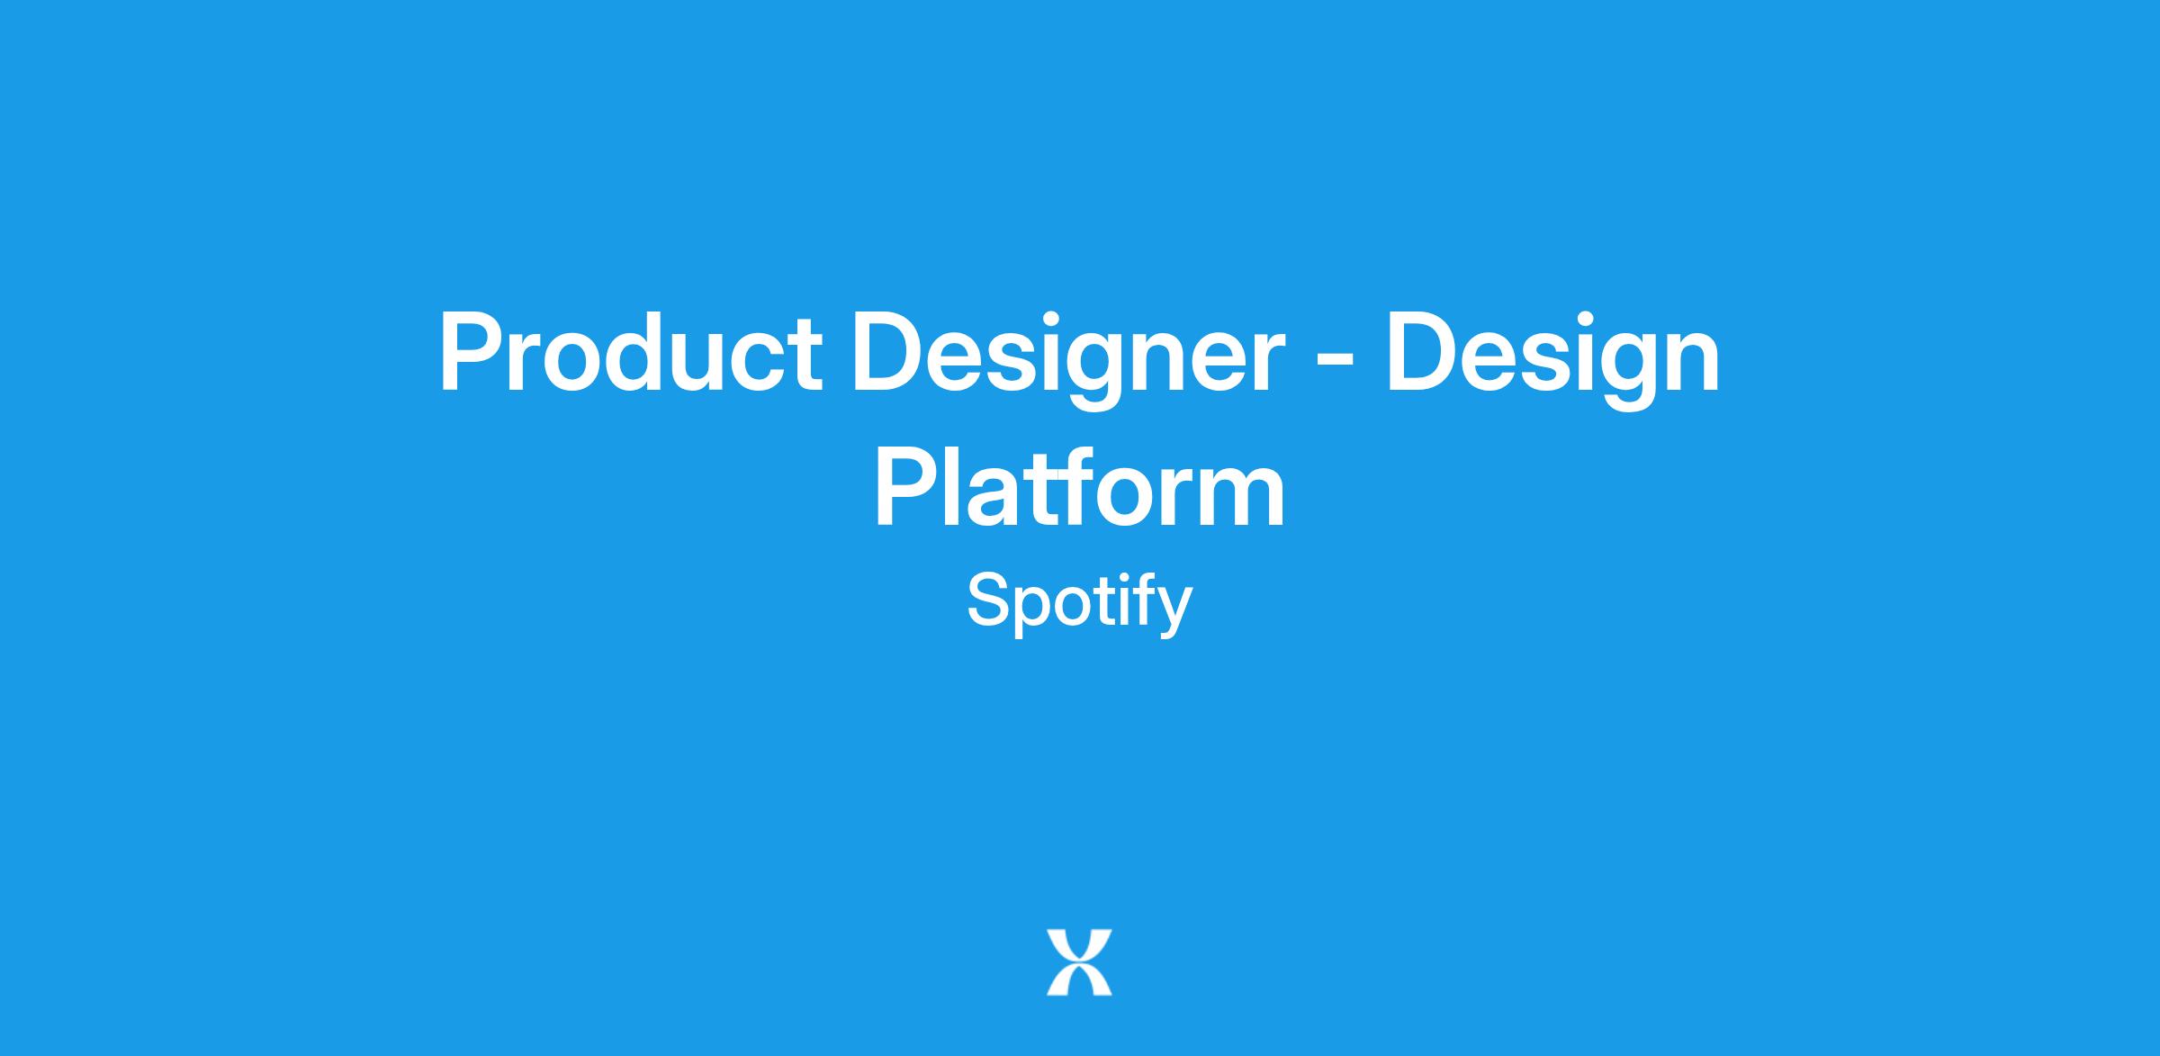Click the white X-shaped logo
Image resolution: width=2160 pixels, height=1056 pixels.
pos(1079,962)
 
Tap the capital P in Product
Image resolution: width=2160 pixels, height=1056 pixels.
pos(471,352)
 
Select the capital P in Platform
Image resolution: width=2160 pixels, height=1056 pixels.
pos(907,487)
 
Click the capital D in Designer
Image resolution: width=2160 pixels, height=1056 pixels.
pos(890,352)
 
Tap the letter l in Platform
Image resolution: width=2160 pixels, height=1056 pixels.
pos(956,486)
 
